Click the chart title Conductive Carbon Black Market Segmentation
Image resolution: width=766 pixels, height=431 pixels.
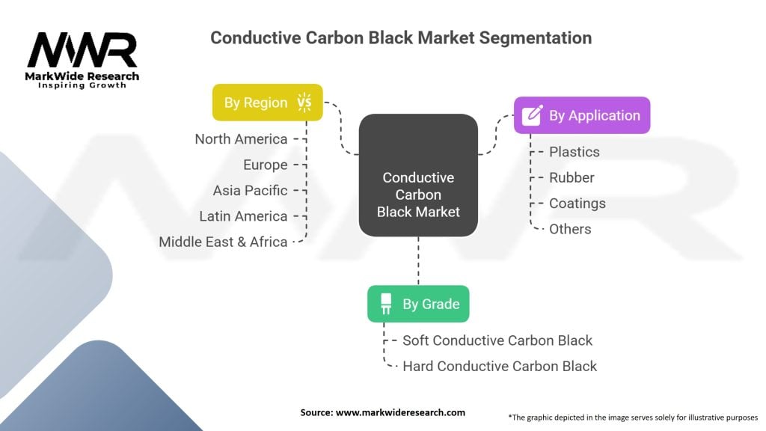coord(401,37)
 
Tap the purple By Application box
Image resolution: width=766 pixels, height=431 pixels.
coord(581,115)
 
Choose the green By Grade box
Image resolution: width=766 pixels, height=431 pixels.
coord(418,304)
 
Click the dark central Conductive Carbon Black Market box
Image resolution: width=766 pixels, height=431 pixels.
coord(418,195)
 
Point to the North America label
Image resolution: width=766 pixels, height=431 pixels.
coord(241,139)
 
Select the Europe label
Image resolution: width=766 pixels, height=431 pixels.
coord(265,165)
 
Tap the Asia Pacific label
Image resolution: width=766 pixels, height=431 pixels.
coord(250,190)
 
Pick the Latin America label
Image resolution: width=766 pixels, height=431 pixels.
coord(243,216)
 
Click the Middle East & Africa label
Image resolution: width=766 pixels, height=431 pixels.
coord(223,242)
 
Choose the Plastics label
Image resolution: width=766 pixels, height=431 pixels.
coord(574,152)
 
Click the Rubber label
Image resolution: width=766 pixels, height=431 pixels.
coord(572,177)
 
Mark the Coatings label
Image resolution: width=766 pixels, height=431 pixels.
coord(577,204)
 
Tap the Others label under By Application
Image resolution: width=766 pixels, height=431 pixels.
coord(570,229)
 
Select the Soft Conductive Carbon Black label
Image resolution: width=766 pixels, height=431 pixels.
coord(497,340)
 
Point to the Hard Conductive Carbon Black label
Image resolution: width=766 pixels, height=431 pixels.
coord(500,366)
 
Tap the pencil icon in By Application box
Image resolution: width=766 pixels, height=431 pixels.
coord(532,115)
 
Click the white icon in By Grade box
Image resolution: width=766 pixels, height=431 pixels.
coord(386,304)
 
